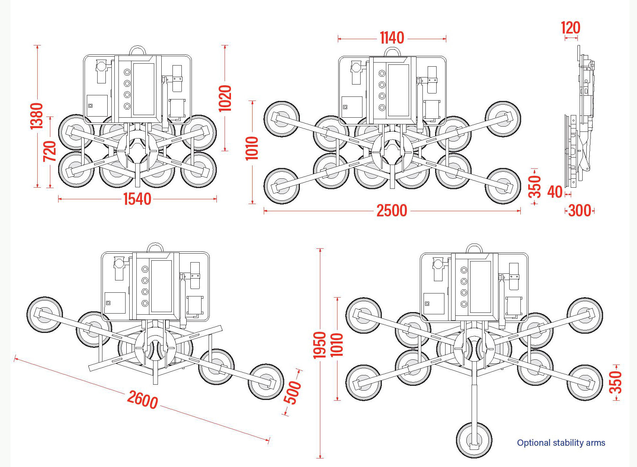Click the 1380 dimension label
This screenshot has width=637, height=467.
(37, 116)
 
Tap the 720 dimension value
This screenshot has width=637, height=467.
(50, 151)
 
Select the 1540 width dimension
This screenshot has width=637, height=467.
(137, 199)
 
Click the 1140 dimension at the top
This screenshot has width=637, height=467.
(392, 38)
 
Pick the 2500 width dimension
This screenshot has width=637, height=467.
(392, 211)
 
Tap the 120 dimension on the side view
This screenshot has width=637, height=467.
(570, 28)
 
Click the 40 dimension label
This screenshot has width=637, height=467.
(555, 192)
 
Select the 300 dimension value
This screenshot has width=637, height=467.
(580, 211)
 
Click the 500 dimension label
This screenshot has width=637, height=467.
(292, 392)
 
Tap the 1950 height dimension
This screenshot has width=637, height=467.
(320, 345)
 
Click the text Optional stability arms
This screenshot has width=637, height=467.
(561, 443)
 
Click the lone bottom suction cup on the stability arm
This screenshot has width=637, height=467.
(474, 440)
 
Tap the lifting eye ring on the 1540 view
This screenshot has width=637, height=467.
(137, 51)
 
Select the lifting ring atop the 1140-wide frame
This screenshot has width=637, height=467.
(392, 52)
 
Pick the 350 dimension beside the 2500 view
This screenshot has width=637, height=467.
(535, 187)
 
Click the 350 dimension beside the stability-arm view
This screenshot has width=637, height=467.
(615, 382)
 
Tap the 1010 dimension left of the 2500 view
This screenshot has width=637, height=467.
(252, 148)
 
